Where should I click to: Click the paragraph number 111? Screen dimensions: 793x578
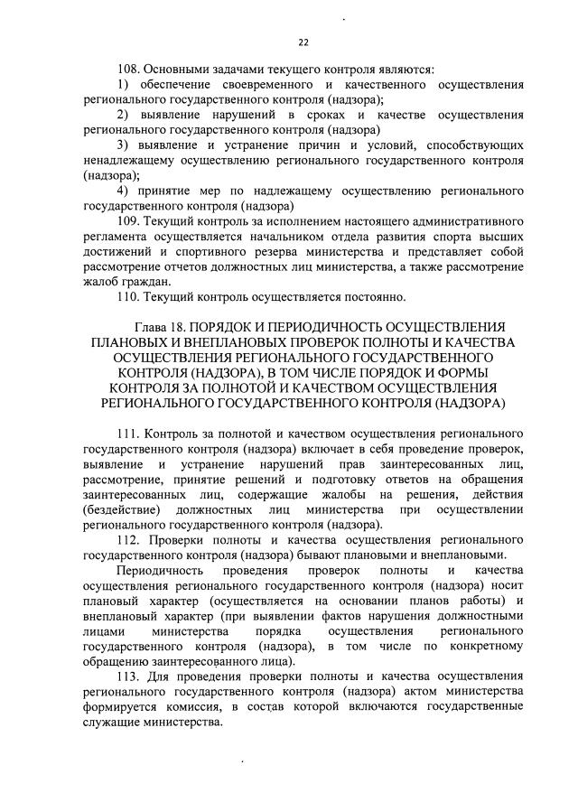(x=132, y=434)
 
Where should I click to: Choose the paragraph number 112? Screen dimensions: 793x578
(x=132, y=540)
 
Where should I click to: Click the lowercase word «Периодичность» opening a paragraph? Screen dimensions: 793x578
(x=164, y=571)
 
